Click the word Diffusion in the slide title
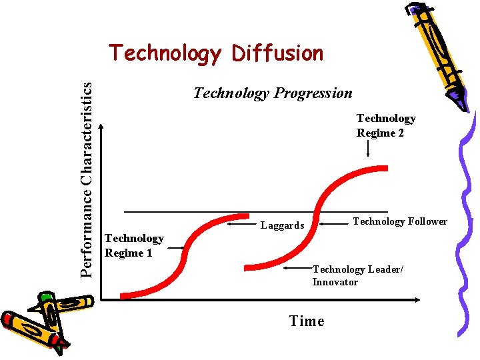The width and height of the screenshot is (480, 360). click(x=277, y=53)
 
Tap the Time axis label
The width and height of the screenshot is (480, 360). click(x=307, y=321)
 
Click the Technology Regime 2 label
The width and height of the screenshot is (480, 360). click(x=385, y=125)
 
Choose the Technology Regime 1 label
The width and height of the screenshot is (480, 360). click(x=134, y=245)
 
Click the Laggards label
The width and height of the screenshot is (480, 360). click(x=282, y=225)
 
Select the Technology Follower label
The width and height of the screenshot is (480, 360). click(x=399, y=221)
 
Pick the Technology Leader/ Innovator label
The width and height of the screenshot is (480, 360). click(x=357, y=275)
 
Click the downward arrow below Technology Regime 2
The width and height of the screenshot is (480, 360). click(x=369, y=150)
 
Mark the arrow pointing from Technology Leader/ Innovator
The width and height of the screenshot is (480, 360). click(x=297, y=269)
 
